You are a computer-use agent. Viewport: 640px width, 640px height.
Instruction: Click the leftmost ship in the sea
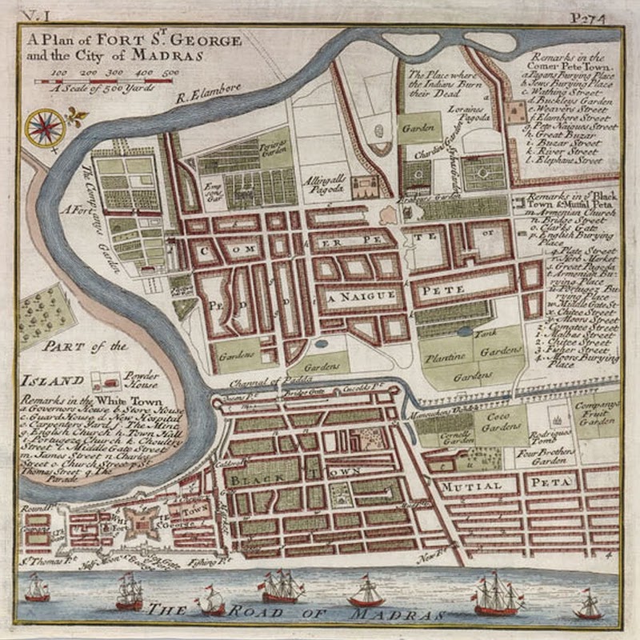36,590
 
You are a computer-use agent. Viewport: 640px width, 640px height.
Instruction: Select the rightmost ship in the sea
589,605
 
